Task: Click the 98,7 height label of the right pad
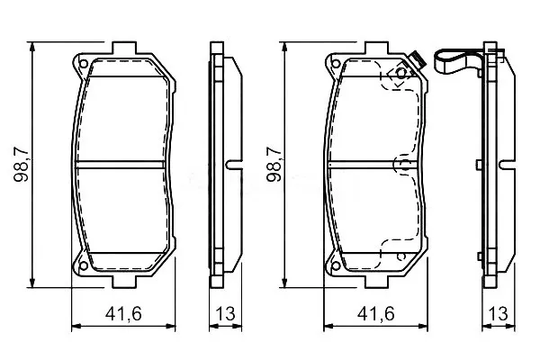pos(274,164)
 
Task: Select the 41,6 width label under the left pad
pos(123,314)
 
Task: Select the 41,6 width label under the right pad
pos(375,314)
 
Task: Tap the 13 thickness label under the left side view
pos(225,314)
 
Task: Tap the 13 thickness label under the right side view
pos(498,314)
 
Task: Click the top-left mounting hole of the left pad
pos(84,64)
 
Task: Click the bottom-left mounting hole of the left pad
pos(84,265)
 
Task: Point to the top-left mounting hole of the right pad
pos(336,64)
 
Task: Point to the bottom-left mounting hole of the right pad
pos(336,265)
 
